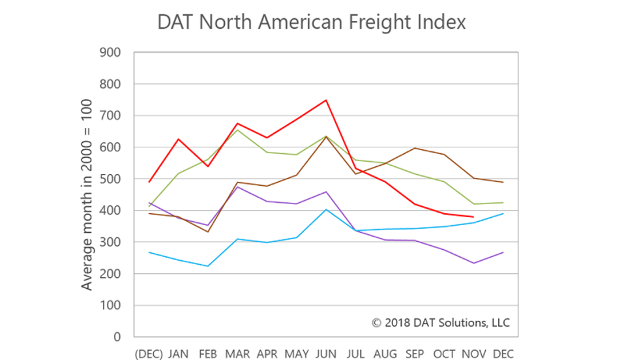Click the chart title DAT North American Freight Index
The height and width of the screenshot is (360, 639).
312,22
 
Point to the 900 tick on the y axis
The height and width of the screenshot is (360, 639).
110,53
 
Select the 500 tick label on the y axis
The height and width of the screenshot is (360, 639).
110,179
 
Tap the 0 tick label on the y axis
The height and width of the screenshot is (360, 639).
117,337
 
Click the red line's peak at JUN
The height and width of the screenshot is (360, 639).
326,100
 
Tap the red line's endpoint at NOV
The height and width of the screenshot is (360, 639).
473,217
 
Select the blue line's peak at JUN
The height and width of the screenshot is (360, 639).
326,209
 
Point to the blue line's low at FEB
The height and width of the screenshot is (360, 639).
208,266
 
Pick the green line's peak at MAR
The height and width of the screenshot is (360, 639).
237,130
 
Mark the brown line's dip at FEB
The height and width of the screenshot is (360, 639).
208,232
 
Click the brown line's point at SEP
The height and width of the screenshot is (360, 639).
414,148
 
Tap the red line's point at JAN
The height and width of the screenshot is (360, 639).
179,139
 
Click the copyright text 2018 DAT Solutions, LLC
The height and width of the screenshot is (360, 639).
441,323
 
